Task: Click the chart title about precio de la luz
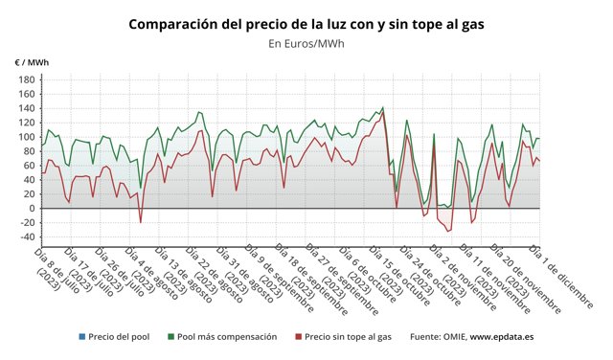tap(306, 23)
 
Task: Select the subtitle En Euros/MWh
tap(306, 43)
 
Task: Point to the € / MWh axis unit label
tap(32, 62)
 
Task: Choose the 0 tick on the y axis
tap(32, 209)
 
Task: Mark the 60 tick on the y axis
tap(29, 166)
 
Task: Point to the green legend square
tap(170, 337)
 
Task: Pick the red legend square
tap(298, 337)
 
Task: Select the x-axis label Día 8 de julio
tap(52, 268)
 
